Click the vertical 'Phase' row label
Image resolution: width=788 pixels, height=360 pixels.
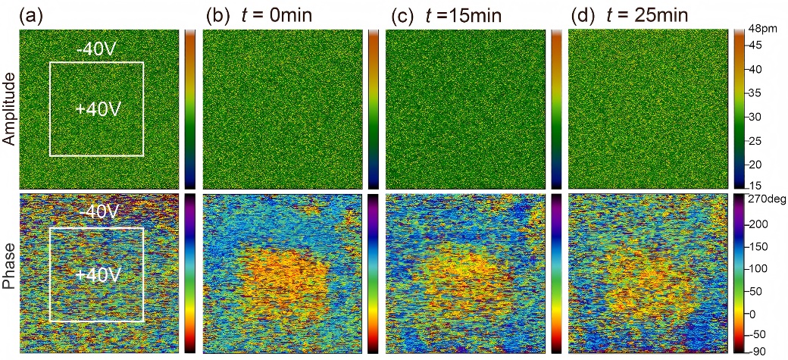click(8, 273)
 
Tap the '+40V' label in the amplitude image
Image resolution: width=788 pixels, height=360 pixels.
click(98, 109)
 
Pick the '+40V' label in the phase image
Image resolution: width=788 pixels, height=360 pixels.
click(98, 274)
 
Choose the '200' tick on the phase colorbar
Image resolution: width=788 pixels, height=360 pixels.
click(762, 224)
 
